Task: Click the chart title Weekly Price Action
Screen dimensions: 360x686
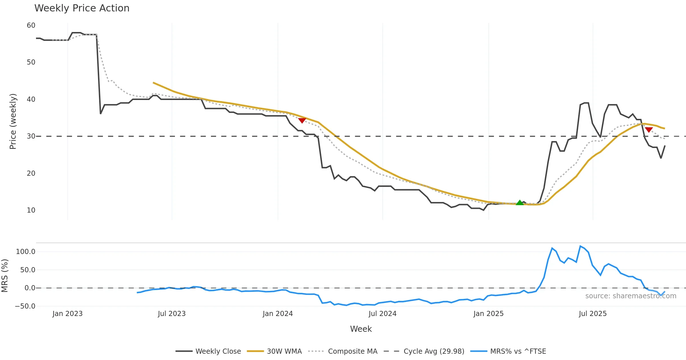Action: [x=82, y=8]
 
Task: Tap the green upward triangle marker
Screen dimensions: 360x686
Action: [x=520, y=203]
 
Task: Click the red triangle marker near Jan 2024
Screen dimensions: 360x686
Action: [x=302, y=121]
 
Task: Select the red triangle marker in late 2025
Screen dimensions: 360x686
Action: [x=649, y=130]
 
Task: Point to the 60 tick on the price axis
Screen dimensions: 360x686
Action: [x=31, y=25]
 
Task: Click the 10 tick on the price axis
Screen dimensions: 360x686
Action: [x=31, y=210]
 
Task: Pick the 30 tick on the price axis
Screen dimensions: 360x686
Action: [x=31, y=136]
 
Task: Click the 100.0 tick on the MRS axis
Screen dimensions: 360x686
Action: [x=26, y=252]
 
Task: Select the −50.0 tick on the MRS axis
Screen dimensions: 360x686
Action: [x=25, y=306]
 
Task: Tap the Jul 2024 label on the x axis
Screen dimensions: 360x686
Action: [x=382, y=314]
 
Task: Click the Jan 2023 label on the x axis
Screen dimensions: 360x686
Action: [x=67, y=314]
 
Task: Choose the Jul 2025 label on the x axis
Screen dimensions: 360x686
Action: [x=593, y=314]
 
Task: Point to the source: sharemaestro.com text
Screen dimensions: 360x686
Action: [x=631, y=296]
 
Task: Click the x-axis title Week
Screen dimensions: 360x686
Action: [x=361, y=329]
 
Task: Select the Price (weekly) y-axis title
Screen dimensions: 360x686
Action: [x=13, y=121]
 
